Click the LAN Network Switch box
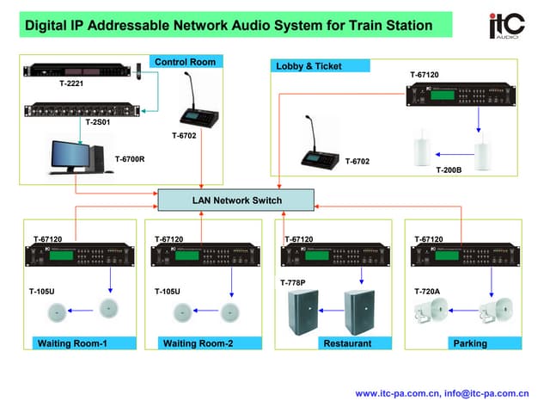pos(236,200)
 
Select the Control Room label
pos(185,62)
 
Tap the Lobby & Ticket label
pos(310,65)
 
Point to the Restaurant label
pos(347,343)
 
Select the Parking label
pos(470,343)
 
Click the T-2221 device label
pos(47,84)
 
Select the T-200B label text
pos(449,170)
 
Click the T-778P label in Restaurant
pos(293,282)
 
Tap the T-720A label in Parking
pos(427,292)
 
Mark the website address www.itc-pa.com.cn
pos(396,393)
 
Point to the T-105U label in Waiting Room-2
pos(168,292)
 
